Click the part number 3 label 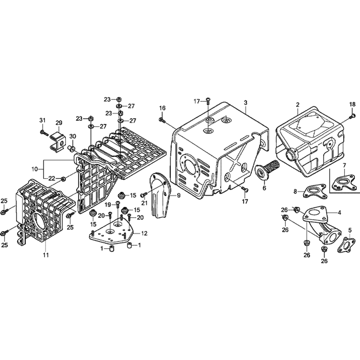(x=246, y=103)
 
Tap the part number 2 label (x=298, y=105)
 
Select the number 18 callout (x=352, y=104)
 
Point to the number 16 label (x=162, y=108)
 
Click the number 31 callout (x=42, y=120)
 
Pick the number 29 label (x=59, y=123)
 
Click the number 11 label (x=46, y=255)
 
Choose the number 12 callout (x=144, y=234)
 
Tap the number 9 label (x=179, y=195)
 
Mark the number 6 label (x=264, y=188)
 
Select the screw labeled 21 (x=144, y=195)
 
